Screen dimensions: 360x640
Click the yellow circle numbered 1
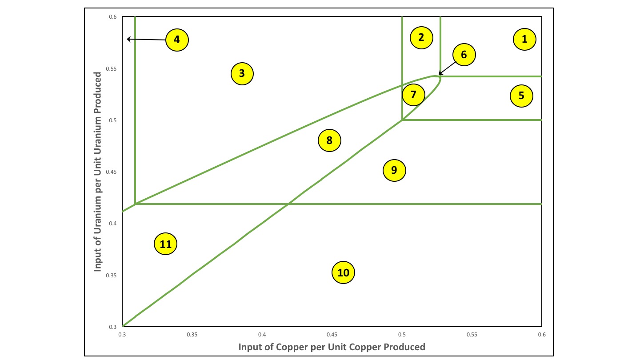click(x=524, y=39)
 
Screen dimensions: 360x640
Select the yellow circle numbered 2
click(x=421, y=37)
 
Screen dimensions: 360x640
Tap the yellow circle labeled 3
click(x=242, y=73)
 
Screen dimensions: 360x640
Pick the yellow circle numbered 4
click(x=177, y=40)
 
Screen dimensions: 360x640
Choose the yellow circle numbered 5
click(x=521, y=96)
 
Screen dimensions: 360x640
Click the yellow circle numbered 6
click(x=464, y=55)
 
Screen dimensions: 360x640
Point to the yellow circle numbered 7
click(x=413, y=94)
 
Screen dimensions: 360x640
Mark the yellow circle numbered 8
click(x=329, y=140)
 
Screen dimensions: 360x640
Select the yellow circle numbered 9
click(x=394, y=170)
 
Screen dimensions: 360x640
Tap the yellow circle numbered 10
click(x=344, y=272)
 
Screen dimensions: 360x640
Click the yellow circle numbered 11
click(x=165, y=244)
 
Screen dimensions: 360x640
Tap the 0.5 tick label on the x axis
click(x=402, y=334)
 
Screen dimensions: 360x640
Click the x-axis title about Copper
click(x=332, y=347)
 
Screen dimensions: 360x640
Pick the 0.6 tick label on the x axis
click(x=541, y=334)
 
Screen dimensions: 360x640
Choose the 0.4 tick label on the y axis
click(x=113, y=224)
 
